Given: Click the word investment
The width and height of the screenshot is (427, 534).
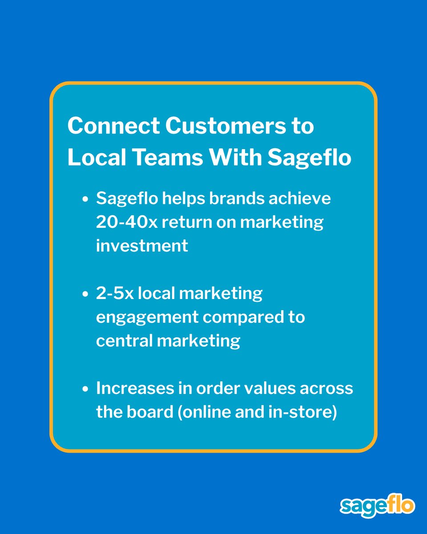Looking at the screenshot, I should [x=142, y=246].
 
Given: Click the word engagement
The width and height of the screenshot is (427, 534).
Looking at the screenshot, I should [x=147, y=318].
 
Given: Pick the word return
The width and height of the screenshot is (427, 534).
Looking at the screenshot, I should [x=185, y=222].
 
